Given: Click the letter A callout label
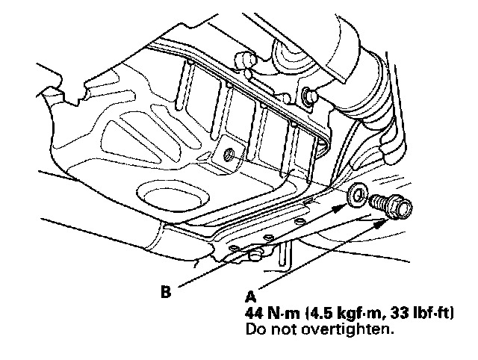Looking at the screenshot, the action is coord(251,295).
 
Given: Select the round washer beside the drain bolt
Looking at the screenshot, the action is coord(356,196).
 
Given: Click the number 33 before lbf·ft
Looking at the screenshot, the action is coord(391,311).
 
